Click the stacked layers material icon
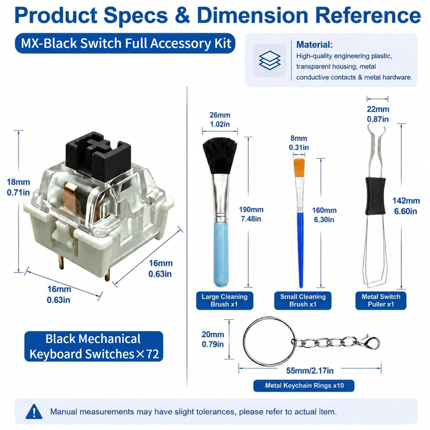269,60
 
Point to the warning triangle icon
34,412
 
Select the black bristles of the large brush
220,156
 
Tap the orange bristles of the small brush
299,168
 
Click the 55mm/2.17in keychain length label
310,371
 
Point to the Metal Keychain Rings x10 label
304,385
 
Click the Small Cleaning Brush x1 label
303,301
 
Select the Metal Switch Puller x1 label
381,301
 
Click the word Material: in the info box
314,45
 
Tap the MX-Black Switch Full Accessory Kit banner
125,43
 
